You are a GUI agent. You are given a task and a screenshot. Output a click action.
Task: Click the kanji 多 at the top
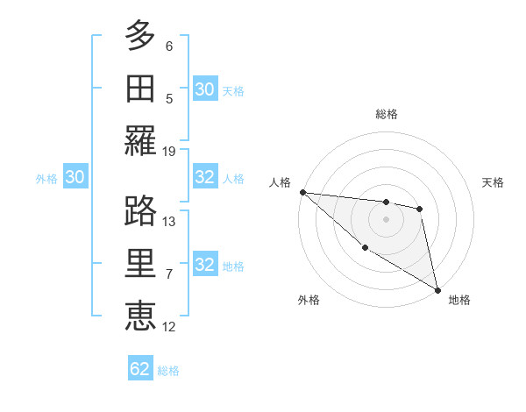coord(141,37)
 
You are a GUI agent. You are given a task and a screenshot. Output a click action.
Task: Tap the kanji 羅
coord(141,141)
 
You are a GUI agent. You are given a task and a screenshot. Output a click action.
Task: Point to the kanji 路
coord(141,211)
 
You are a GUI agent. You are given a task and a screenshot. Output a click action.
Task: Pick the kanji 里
coord(141,264)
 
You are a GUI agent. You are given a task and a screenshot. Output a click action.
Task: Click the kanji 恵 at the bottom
coord(141,316)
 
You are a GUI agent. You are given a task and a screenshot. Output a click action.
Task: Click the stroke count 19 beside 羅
coord(169,152)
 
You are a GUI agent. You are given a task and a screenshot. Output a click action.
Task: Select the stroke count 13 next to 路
coord(169,222)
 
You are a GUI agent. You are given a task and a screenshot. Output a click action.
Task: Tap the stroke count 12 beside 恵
coord(169,327)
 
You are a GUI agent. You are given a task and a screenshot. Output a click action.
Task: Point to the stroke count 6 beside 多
coord(169,46)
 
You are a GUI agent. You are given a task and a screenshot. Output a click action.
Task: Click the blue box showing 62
coord(140,369)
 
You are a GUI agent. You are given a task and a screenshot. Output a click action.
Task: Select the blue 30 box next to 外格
coord(75,178)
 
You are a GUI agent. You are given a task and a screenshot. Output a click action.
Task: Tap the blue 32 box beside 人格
coord(205,178)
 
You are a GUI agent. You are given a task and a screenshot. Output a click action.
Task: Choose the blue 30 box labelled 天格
coord(205,89)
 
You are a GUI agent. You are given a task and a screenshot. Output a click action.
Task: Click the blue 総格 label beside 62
coord(169,371)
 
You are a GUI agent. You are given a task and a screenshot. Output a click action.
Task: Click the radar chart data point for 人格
coord(302,192)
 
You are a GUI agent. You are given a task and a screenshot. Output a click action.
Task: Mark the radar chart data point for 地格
coord(437,289)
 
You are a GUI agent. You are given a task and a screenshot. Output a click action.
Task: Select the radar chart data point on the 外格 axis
coord(365,248)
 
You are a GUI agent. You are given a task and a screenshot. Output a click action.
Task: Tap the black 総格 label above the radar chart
coord(387,114)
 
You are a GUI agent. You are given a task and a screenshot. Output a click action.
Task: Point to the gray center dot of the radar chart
coord(387,219)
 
